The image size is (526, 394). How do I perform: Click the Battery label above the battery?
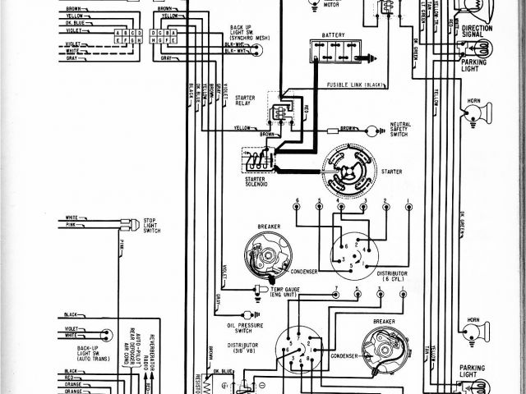coord(333,35)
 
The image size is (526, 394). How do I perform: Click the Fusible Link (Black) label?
coord(355,85)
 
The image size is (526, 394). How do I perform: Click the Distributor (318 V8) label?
coord(244,349)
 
